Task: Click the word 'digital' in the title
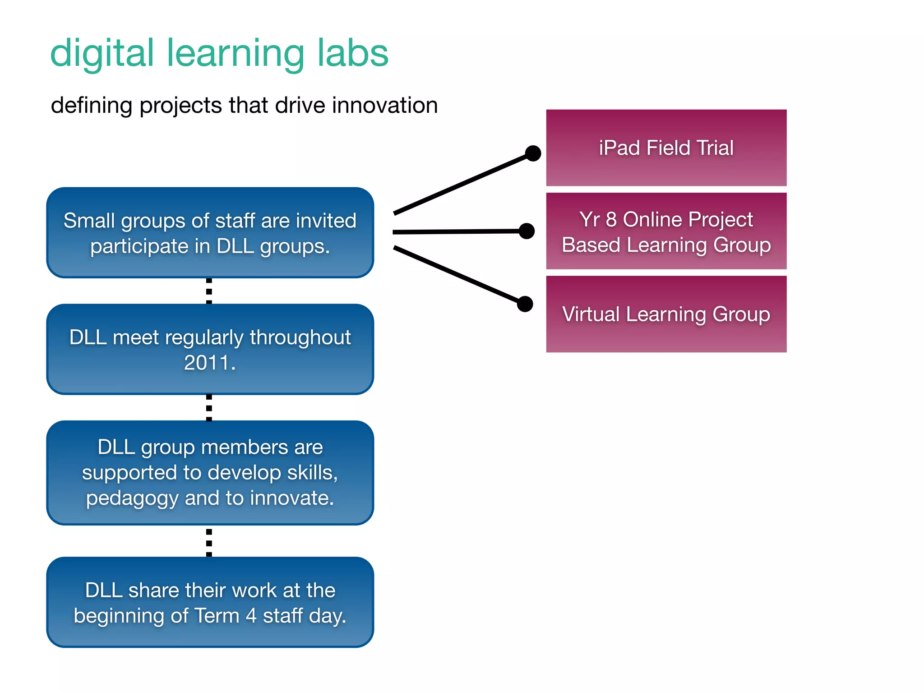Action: pyautogui.click(x=102, y=53)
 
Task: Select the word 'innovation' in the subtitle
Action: pyautogui.click(x=385, y=105)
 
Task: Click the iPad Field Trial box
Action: pyautogui.click(x=666, y=148)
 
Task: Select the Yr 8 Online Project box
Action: pyautogui.click(x=666, y=231)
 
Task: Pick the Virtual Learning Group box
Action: pyautogui.click(x=666, y=314)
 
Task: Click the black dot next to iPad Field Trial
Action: pyautogui.click(x=533, y=153)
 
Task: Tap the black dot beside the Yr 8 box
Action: pyautogui.click(x=527, y=231)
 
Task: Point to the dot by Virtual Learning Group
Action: pyautogui.click(x=525, y=304)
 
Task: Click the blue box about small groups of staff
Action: pyautogui.click(x=210, y=233)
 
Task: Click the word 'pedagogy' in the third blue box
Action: pyautogui.click(x=132, y=499)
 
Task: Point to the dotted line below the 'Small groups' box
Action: pyautogui.click(x=209, y=291)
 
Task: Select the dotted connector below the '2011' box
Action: pyautogui.click(x=209, y=408)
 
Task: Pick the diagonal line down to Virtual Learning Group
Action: pyautogui.click(x=456, y=274)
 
